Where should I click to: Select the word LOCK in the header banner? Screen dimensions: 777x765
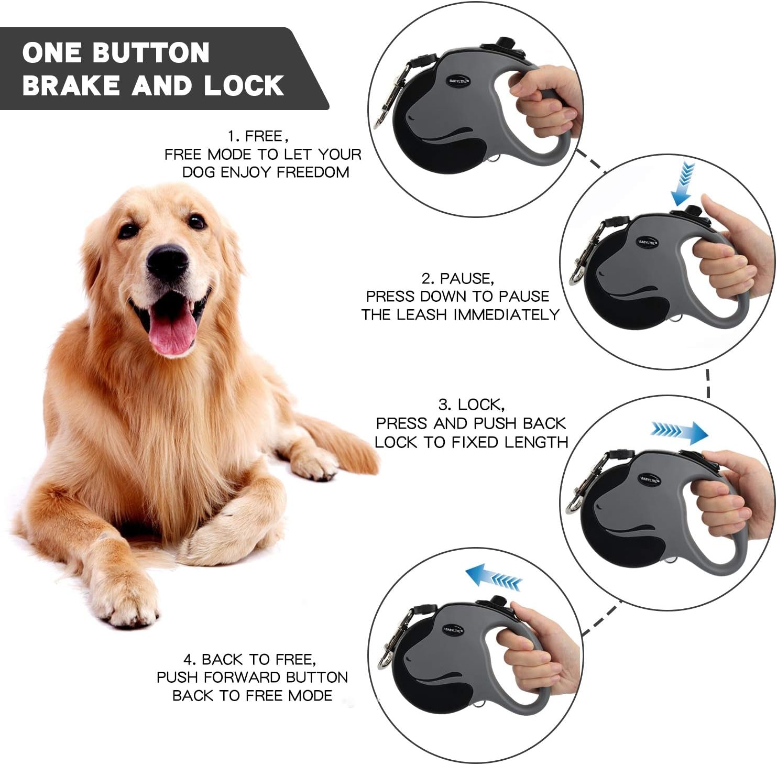[244, 85]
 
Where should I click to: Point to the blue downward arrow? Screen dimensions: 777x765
[683, 183]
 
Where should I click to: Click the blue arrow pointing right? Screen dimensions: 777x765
[680, 432]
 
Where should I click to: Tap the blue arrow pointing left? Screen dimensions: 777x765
[493, 576]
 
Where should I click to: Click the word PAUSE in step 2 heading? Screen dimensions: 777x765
[466, 278]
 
